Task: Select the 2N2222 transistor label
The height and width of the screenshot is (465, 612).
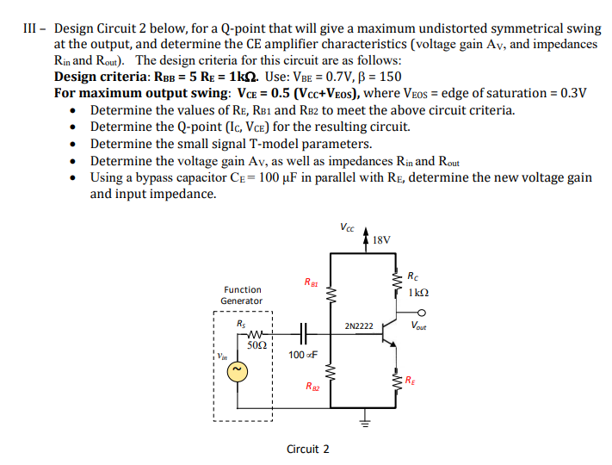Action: (358, 326)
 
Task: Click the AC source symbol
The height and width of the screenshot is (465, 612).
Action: (241, 371)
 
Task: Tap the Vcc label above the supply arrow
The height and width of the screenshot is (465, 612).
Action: (347, 228)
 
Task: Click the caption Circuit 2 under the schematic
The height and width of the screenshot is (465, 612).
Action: (308, 449)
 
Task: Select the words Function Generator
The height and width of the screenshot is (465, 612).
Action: (242, 295)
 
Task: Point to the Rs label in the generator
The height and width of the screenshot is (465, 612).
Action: (241, 324)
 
